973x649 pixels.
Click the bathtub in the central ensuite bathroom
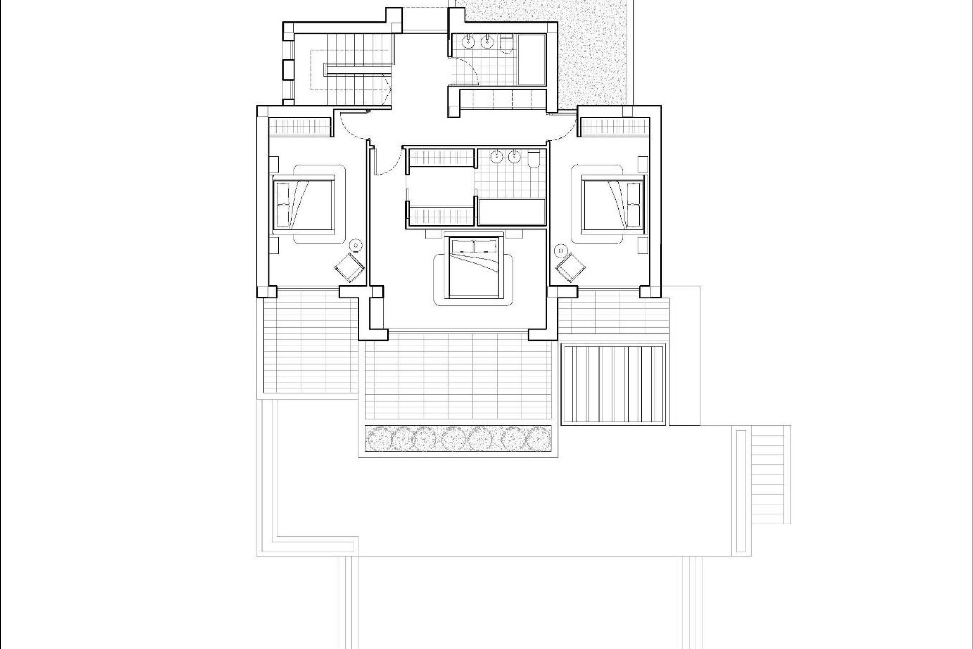click(x=512, y=212)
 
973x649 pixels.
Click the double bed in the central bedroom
click(x=474, y=267)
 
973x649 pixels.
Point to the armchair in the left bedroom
click(x=350, y=267)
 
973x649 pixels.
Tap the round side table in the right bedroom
click(x=561, y=249)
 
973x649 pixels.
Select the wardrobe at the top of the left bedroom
click(x=299, y=126)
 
